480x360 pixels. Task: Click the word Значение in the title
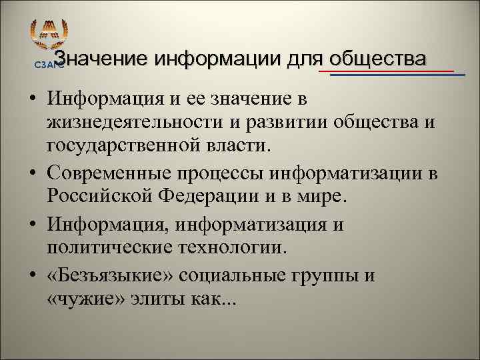click(101, 59)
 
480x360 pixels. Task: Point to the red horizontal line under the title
click(387, 70)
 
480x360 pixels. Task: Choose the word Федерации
click(206, 198)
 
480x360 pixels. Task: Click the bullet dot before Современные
click(33, 174)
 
